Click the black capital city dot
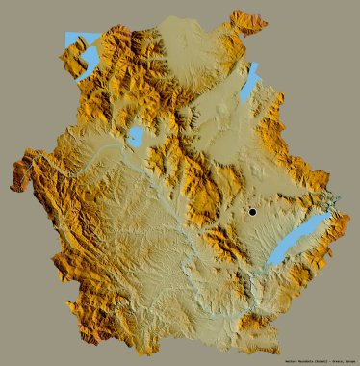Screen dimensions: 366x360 [252, 211]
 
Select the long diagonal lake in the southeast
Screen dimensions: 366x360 [299, 240]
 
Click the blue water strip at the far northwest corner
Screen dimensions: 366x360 [68, 40]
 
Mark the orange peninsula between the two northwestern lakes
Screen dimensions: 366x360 [77, 53]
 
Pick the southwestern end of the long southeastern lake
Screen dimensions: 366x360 [270, 263]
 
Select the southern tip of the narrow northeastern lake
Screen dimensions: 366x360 [242, 102]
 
